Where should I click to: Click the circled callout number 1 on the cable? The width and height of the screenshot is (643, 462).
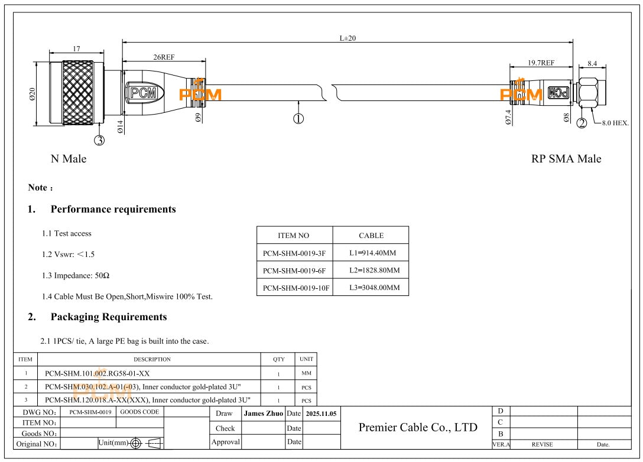click(298, 118)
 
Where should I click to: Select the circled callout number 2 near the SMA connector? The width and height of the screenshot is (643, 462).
click(582, 123)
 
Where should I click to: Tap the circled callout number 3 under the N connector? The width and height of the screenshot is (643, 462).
click(100, 140)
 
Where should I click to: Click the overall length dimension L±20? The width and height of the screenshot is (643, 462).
click(348, 38)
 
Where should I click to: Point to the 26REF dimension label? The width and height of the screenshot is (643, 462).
click(164, 57)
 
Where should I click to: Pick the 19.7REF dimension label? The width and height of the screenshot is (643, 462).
click(541, 63)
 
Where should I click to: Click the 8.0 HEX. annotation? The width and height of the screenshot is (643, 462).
click(615, 123)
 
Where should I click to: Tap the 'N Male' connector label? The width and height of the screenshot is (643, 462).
click(68, 159)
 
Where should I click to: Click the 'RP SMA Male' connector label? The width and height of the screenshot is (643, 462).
click(566, 159)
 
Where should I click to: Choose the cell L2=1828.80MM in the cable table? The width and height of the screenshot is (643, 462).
click(371, 271)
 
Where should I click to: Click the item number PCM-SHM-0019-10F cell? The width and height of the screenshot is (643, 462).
click(295, 288)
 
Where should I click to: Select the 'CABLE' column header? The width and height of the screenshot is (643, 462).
click(371, 235)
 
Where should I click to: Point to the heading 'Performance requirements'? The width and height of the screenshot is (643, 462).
click(113, 209)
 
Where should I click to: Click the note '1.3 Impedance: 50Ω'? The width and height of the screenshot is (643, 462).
click(76, 275)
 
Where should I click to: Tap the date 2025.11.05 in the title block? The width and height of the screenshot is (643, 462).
click(321, 414)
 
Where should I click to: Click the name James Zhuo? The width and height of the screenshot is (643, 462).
click(263, 414)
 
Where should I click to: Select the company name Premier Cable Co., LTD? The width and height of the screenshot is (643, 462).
click(417, 427)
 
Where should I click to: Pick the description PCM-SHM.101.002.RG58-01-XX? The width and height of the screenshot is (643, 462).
click(97, 373)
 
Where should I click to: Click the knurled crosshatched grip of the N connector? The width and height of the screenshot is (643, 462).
click(77, 94)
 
